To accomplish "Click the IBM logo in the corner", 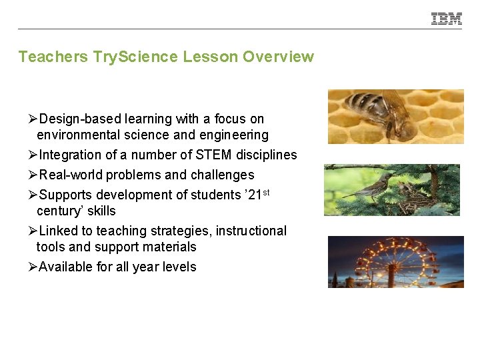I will (x=446, y=19).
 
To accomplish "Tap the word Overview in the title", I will (x=278, y=57).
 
